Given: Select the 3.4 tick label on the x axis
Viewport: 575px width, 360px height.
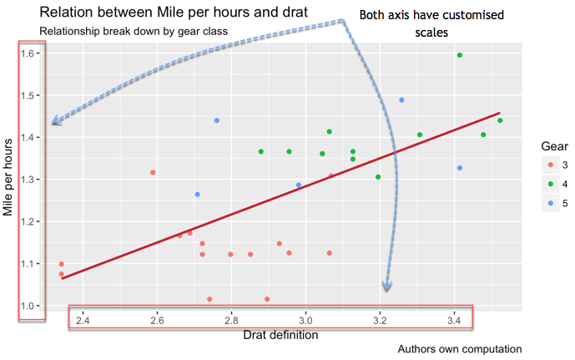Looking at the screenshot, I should pyautogui.click(x=455, y=319).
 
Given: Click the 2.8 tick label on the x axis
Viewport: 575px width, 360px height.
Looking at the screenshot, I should pyautogui.click(x=231, y=319).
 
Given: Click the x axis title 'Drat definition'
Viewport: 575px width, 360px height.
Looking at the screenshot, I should pyautogui.click(x=280, y=336).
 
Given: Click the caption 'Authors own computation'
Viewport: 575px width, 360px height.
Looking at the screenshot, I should pyautogui.click(x=460, y=349).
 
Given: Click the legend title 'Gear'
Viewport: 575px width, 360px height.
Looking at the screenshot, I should pyautogui.click(x=555, y=146).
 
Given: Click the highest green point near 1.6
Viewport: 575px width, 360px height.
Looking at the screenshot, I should pyautogui.click(x=460, y=55).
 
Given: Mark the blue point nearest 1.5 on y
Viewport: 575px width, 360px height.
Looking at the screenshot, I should pyautogui.click(x=401, y=100).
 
